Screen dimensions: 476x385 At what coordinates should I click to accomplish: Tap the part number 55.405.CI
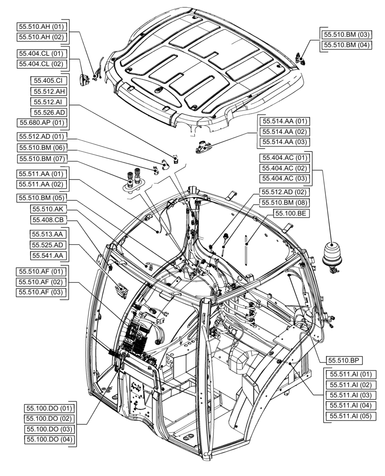coord(49,80)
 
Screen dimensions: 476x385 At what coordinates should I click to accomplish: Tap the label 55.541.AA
coord(49,256)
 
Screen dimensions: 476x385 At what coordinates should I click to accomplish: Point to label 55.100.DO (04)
coord(49,439)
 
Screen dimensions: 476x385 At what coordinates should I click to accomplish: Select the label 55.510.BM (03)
coord(347,34)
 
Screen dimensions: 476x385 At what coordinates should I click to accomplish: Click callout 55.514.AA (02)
coord(284,131)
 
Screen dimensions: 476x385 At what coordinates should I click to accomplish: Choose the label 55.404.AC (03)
coord(284,179)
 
